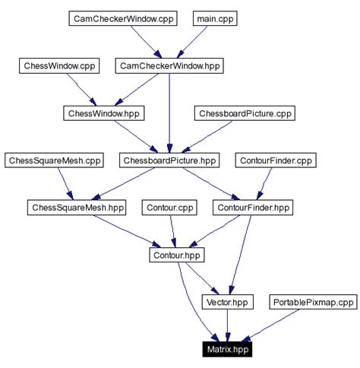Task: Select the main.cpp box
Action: click(x=214, y=18)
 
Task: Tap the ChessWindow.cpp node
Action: click(x=58, y=66)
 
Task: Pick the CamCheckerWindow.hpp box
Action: click(x=169, y=66)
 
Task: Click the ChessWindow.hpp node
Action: click(x=104, y=113)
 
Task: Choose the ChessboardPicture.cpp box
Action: click(x=245, y=113)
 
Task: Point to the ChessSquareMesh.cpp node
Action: click(x=53, y=160)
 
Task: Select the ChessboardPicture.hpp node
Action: click(x=169, y=160)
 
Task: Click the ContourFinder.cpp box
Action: click(x=276, y=160)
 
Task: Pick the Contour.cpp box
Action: click(x=169, y=207)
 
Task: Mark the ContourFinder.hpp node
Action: click(x=253, y=207)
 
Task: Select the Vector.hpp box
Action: click(x=227, y=302)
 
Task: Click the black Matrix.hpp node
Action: click(x=227, y=349)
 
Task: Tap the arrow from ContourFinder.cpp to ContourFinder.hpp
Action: click(x=265, y=183)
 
